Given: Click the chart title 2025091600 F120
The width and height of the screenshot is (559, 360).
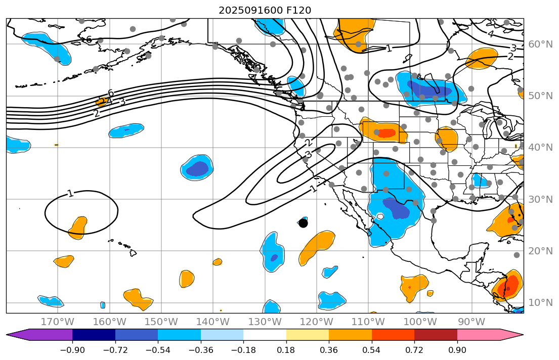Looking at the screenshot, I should coord(265,10).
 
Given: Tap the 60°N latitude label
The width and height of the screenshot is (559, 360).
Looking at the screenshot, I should coord(540,44).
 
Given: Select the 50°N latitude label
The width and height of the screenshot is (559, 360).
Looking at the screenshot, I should coord(540,96).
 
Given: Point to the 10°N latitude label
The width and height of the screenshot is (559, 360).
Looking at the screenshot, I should coord(540,303).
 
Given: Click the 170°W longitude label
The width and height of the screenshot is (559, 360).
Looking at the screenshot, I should coord(57,322).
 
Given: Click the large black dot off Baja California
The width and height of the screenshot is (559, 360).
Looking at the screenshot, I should coord(303,223).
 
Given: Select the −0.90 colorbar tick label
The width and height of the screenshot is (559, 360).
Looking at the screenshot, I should coord(72,350).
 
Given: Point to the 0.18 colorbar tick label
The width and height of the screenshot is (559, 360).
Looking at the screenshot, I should coord(286,350).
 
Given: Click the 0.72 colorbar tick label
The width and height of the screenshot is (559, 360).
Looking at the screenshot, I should coord(414,350).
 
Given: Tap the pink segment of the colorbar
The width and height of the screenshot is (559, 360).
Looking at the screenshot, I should coord(478,335).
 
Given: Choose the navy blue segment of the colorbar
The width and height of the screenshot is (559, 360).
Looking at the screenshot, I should coord(94,335).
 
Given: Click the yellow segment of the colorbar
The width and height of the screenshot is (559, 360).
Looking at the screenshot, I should coord(308,335).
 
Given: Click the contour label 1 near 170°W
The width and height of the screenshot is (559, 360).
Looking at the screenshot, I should coord(70,193).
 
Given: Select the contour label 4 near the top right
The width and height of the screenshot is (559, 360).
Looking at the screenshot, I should coord(490,34).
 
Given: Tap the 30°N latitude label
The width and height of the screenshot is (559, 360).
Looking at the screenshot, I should coord(540,199).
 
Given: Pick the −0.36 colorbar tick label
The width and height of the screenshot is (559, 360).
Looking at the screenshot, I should coord(201,350).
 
